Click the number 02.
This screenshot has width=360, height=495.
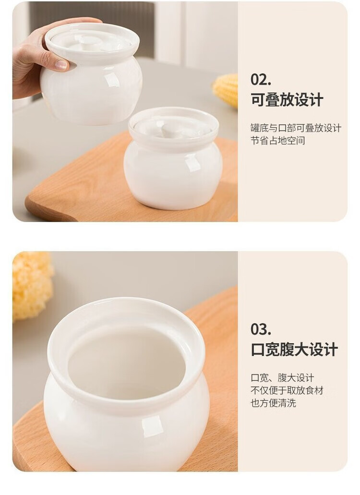click(261, 79)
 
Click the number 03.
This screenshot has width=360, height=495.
click(261, 329)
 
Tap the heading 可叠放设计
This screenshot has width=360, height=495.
click(287, 100)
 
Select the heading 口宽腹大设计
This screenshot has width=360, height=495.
click(294, 350)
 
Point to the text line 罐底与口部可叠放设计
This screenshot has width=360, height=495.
click(296, 128)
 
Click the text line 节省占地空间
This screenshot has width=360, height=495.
click(278, 141)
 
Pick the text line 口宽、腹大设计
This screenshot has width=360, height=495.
click(282, 377)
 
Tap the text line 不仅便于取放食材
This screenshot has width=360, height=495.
click(287, 390)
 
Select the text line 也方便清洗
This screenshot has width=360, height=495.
click(273, 403)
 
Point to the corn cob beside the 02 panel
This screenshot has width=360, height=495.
click(226, 90)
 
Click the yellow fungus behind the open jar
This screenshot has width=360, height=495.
click(32, 285)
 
